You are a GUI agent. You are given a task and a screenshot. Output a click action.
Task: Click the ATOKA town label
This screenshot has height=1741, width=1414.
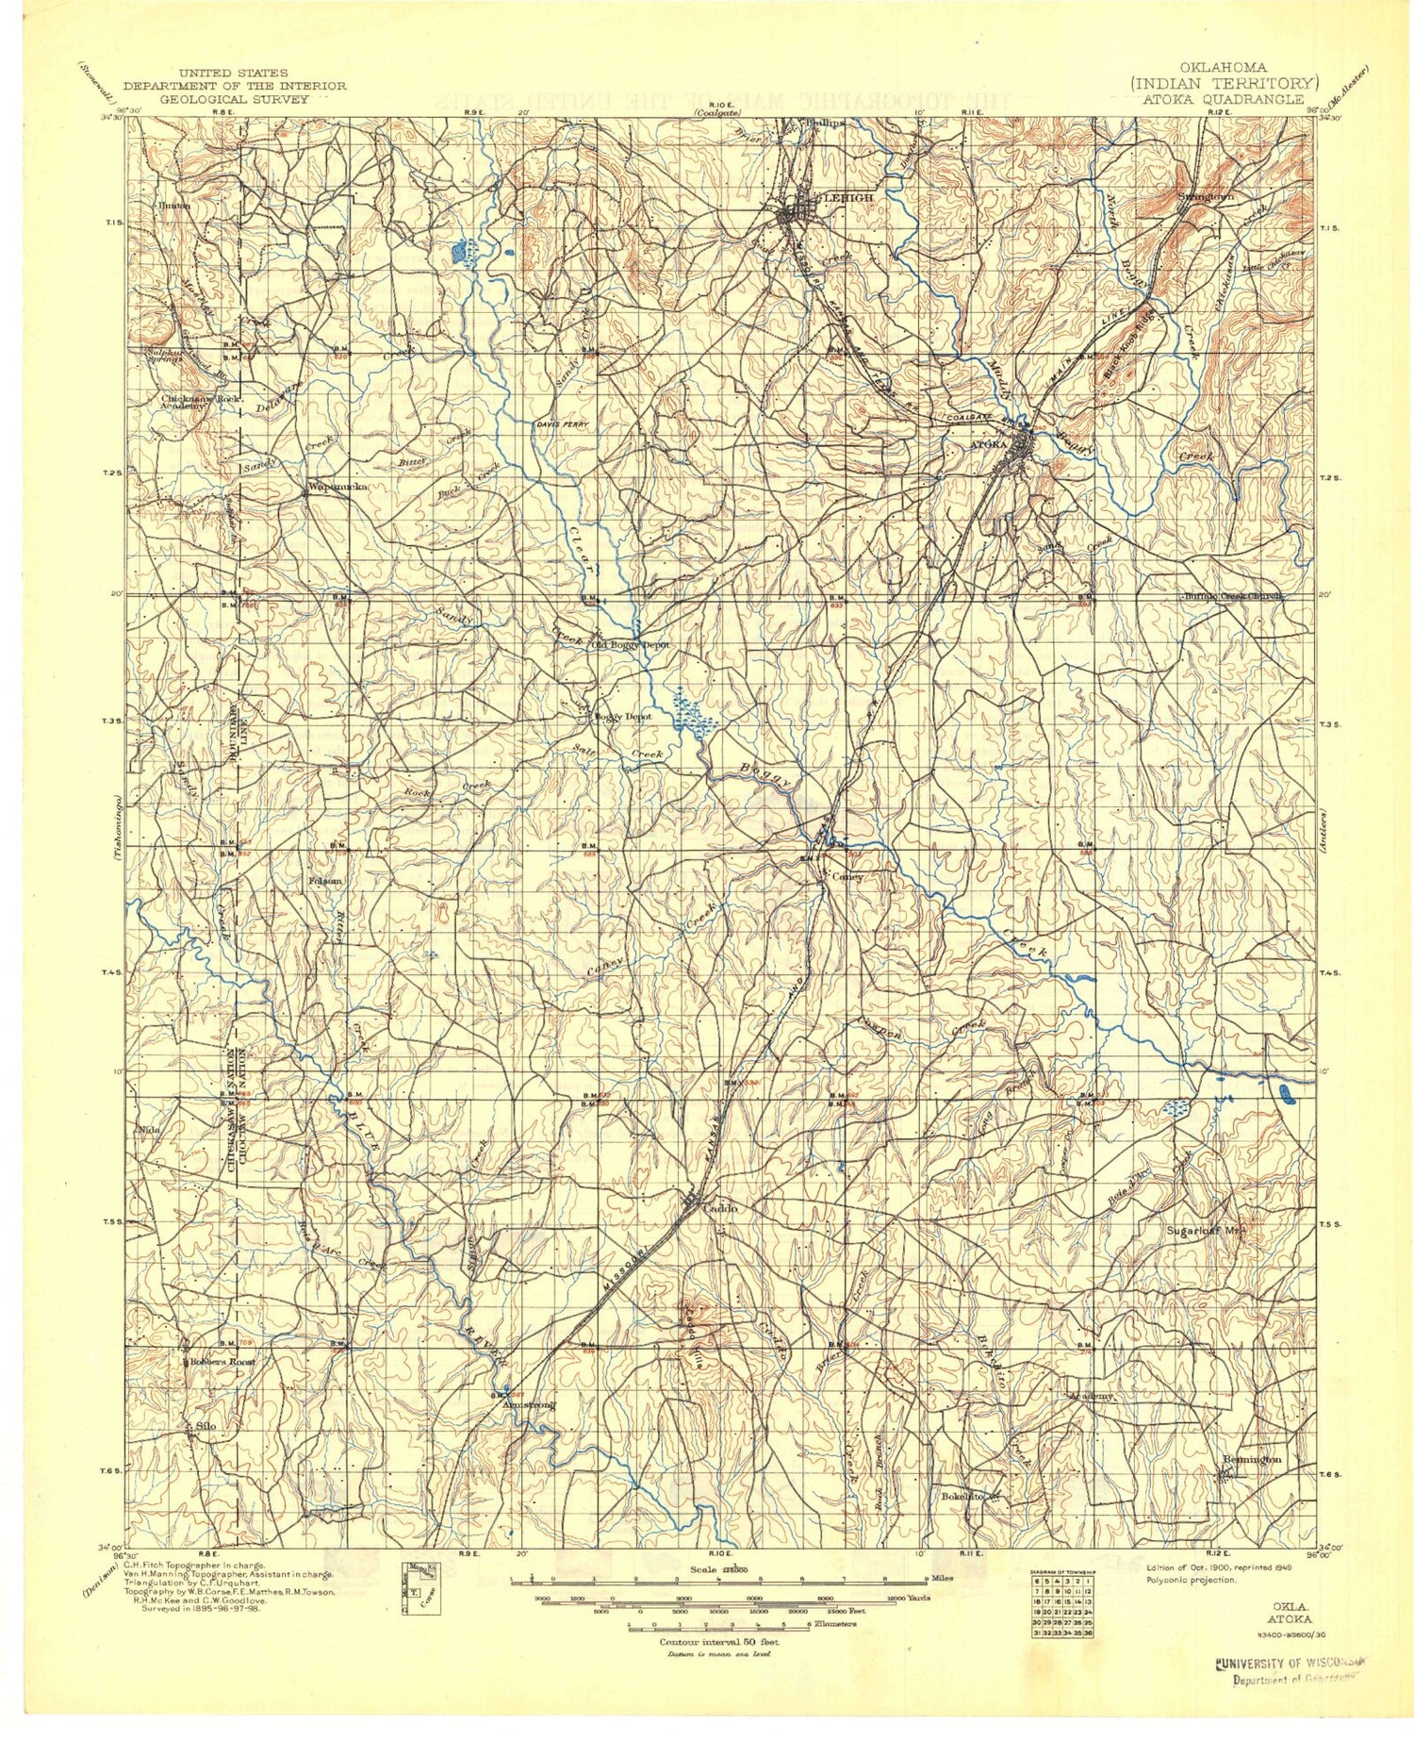point(989,443)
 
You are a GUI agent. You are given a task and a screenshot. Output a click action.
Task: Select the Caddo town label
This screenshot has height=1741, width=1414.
point(720,1207)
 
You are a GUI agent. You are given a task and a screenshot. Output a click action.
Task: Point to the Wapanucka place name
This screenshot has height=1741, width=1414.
point(336,488)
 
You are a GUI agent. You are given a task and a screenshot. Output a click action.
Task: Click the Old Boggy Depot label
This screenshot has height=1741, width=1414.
point(630,645)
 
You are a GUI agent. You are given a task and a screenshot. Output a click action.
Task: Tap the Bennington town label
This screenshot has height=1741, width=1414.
point(1252,1459)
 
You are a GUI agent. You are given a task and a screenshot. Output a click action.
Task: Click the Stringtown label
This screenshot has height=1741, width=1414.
point(1206,196)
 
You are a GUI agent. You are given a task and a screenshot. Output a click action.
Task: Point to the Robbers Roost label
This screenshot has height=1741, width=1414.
point(222,1362)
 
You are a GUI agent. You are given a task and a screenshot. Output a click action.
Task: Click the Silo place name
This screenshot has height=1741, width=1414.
point(205,1425)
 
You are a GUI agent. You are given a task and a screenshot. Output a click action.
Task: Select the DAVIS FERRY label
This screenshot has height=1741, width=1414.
point(563,424)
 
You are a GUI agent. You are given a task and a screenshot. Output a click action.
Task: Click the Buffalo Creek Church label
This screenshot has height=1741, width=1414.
point(1235,596)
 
